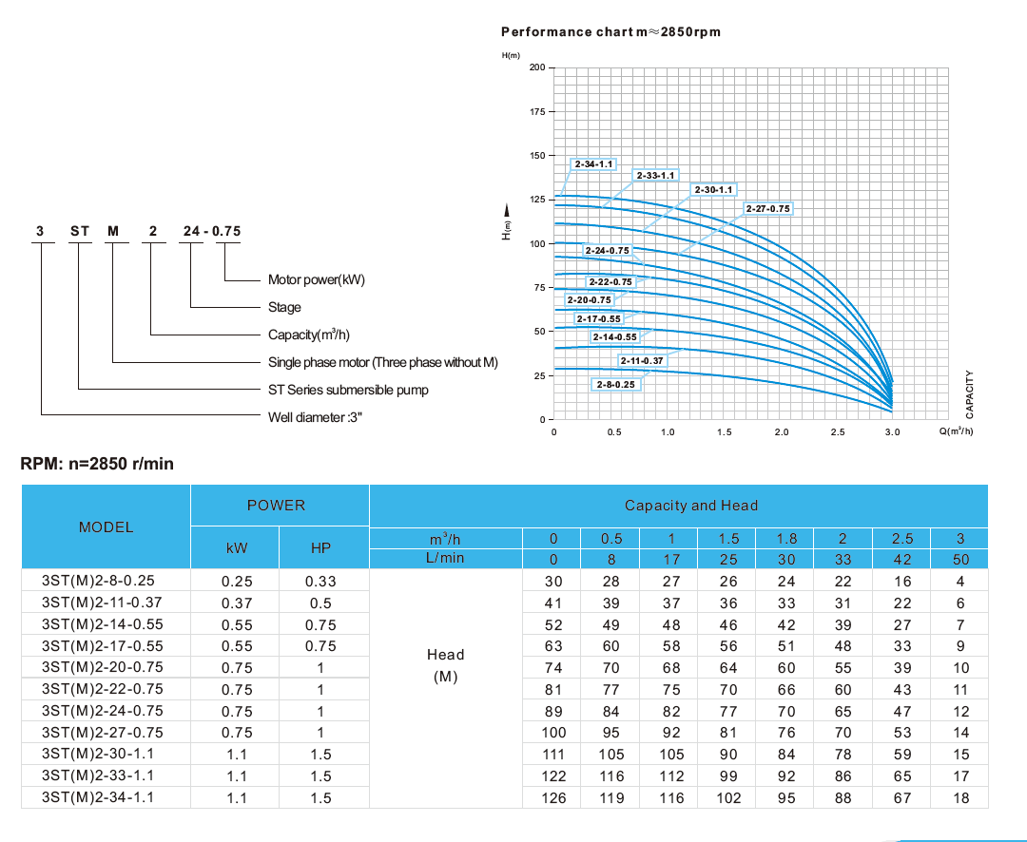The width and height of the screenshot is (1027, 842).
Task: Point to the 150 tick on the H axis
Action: (537, 156)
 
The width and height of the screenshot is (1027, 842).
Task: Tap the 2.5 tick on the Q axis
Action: (837, 431)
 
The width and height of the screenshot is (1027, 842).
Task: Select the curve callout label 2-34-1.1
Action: (594, 164)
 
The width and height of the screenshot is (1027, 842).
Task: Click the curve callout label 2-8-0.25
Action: (615, 384)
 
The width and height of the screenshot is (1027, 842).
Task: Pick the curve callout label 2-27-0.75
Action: (767, 208)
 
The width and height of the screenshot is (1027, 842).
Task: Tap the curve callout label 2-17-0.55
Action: (599, 318)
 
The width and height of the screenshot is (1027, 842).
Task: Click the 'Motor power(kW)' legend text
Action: (317, 280)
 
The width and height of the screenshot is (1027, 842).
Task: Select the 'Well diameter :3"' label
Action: (319, 417)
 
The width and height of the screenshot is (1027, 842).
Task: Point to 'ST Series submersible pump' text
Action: (348, 390)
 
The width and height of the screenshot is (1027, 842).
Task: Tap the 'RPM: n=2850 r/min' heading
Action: (97, 465)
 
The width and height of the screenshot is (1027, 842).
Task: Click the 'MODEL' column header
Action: (106, 527)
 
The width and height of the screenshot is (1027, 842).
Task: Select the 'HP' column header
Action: (321, 548)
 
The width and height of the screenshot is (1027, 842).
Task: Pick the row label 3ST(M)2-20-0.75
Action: (103, 668)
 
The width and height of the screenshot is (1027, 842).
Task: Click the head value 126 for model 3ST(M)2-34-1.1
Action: (553, 798)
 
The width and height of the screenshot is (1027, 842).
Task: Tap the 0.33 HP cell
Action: (321, 582)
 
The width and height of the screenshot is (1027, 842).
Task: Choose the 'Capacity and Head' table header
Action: (691, 506)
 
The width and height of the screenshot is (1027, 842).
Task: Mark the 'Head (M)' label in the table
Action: (445, 666)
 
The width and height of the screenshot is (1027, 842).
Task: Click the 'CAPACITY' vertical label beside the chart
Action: (969, 394)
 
